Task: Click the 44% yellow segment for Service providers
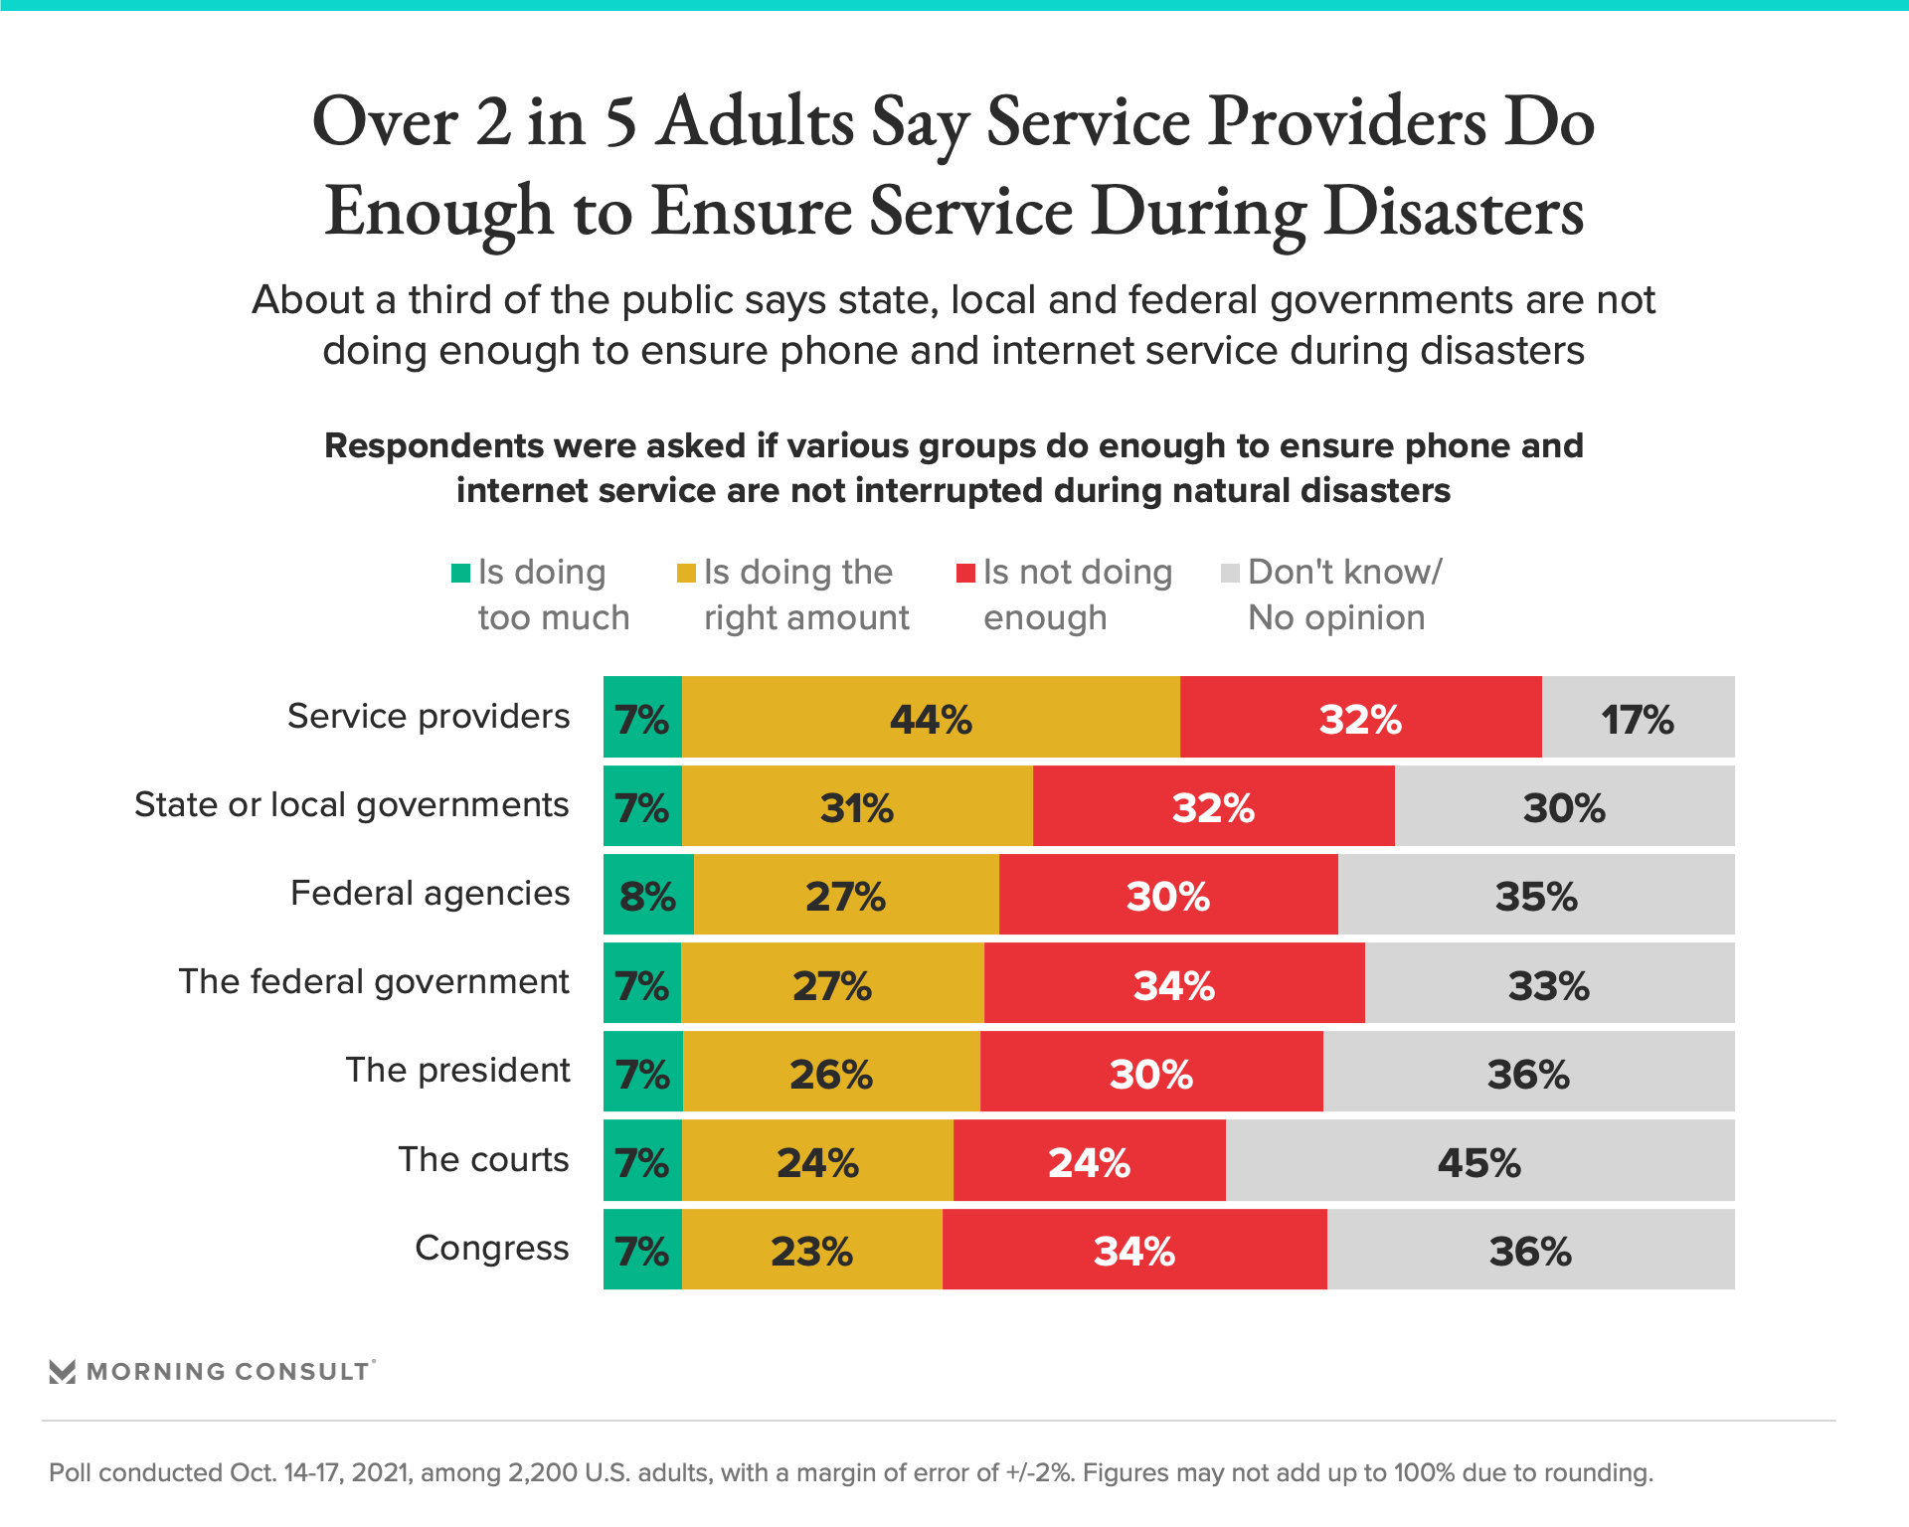(931, 718)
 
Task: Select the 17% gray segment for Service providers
(1638, 718)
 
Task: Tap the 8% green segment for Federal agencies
(648, 895)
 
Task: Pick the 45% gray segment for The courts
(1479, 1161)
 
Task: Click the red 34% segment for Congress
(1134, 1250)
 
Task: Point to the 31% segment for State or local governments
(857, 806)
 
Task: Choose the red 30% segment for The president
(1151, 1073)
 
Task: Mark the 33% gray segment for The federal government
(1549, 984)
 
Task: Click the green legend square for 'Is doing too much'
(460, 573)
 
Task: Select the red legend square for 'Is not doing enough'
(965, 573)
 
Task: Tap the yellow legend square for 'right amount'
(686, 573)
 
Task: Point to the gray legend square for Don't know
(1230, 573)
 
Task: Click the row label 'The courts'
(483, 1159)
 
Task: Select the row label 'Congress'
(491, 1248)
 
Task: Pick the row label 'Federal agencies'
(430, 893)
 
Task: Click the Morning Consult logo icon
(63, 1372)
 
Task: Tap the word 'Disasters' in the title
(1454, 212)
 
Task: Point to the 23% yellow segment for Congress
(812, 1250)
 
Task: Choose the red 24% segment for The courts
(1089, 1161)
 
